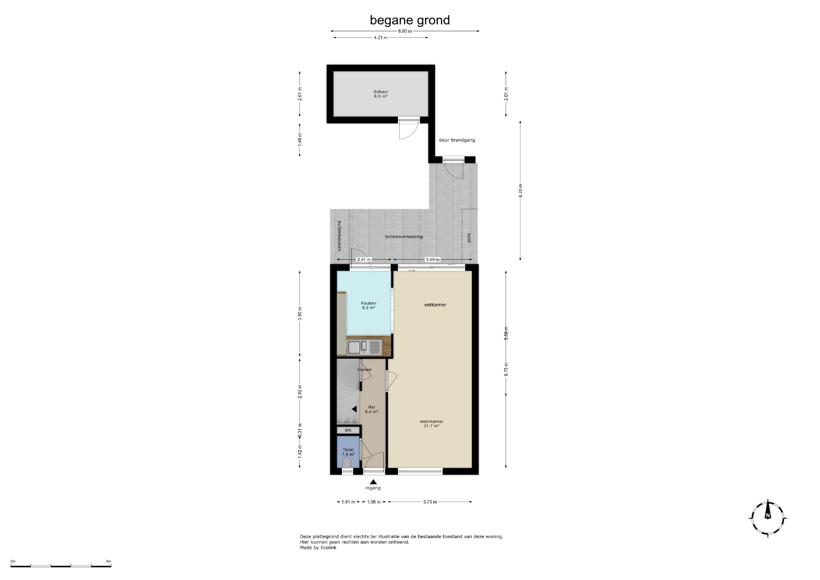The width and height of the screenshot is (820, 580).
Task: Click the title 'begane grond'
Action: [x=410, y=20]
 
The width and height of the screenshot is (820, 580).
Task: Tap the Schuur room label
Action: [x=380, y=94]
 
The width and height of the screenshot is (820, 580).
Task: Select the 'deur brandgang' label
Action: [x=457, y=140]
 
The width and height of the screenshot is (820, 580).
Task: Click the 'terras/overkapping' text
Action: [x=404, y=237]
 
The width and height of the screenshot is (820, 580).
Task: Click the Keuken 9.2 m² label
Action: [x=369, y=305]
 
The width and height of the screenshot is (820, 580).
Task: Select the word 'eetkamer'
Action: [x=435, y=305]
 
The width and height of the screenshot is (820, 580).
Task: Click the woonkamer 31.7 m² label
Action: [x=431, y=423]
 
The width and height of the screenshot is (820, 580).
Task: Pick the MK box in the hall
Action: [x=348, y=430]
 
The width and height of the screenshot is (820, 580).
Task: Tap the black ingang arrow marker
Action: [x=373, y=482]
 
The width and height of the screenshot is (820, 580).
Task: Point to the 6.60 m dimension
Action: [x=405, y=31]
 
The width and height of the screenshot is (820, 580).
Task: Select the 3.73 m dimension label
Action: [x=430, y=502]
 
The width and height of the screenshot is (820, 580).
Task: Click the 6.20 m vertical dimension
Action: [x=521, y=190]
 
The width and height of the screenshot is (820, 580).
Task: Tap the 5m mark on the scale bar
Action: [x=108, y=561]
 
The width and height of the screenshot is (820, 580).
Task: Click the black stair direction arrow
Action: [x=354, y=409]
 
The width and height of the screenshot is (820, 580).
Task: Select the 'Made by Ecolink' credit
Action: [x=318, y=548]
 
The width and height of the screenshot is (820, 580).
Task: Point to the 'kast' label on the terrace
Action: [x=469, y=238]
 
